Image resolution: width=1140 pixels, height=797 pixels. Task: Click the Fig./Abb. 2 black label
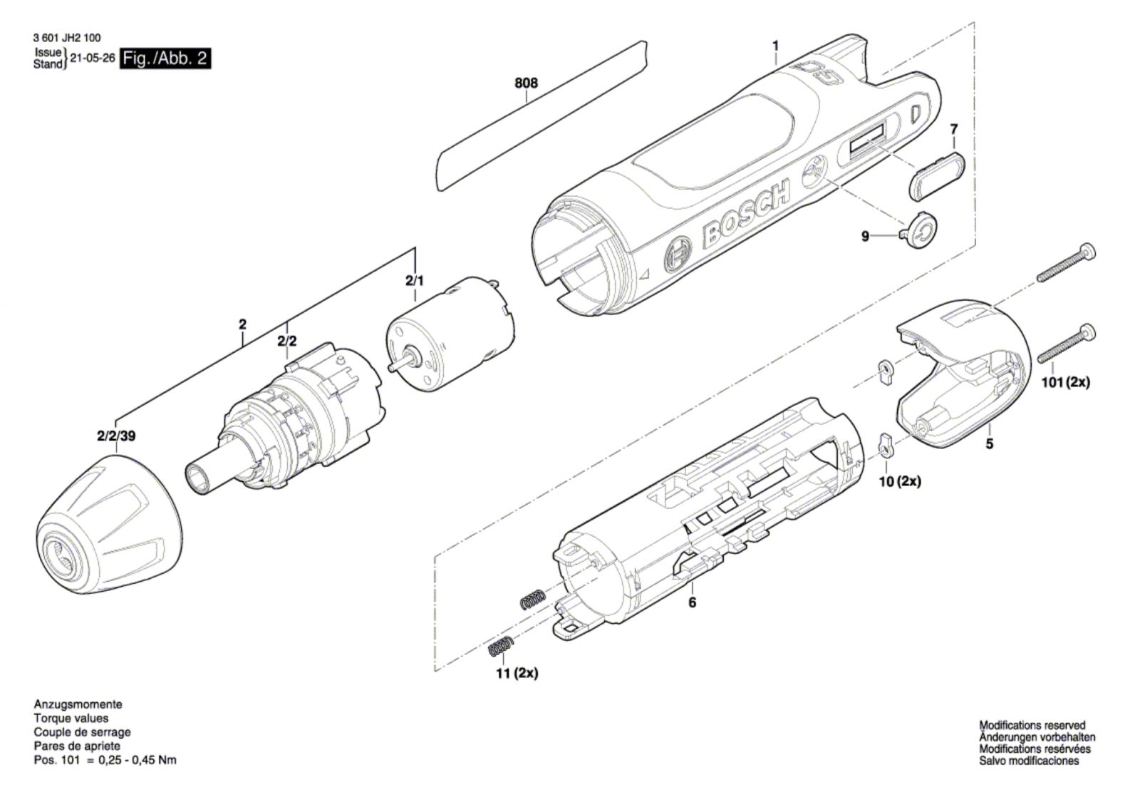[165, 58]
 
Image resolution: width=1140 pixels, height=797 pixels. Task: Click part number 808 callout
[526, 83]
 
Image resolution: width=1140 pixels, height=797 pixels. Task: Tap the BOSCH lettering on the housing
[745, 213]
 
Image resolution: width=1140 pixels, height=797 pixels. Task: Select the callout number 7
[953, 130]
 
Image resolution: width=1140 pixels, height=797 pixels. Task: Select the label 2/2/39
[115, 436]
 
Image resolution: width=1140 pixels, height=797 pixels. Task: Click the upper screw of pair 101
[1065, 263]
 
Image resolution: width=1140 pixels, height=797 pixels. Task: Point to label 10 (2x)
[899, 481]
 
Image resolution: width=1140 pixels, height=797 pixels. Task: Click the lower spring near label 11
[500, 647]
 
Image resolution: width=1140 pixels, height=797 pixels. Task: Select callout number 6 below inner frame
[692, 602]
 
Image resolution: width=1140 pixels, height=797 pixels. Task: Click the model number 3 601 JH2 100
[67, 38]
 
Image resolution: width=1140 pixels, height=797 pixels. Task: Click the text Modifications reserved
[1032, 725]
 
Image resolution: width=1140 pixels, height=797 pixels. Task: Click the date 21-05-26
[93, 58]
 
